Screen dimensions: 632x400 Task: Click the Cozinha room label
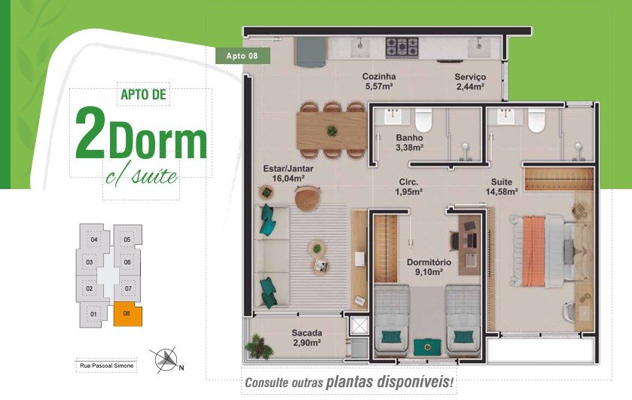point(378,76)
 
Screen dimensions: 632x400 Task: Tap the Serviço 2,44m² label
point(470,81)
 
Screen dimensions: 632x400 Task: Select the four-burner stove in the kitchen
point(401,47)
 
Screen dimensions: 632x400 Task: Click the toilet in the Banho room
point(423,120)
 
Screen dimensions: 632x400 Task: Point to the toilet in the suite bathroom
point(536,120)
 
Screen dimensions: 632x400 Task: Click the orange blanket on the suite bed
point(533,251)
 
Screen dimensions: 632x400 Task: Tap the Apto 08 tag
point(243,56)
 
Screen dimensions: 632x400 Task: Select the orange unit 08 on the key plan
point(127,315)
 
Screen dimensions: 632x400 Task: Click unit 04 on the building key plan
point(94,240)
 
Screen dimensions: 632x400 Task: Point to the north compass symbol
point(166,359)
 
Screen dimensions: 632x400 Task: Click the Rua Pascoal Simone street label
point(106,366)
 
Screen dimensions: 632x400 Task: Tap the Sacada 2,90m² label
point(307,338)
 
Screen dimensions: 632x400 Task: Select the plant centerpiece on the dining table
point(332,130)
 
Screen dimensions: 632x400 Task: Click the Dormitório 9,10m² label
point(429,267)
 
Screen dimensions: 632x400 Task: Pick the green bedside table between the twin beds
point(428,347)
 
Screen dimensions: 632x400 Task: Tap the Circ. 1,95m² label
point(409,187)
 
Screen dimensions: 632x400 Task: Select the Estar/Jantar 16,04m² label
point(288,173)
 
